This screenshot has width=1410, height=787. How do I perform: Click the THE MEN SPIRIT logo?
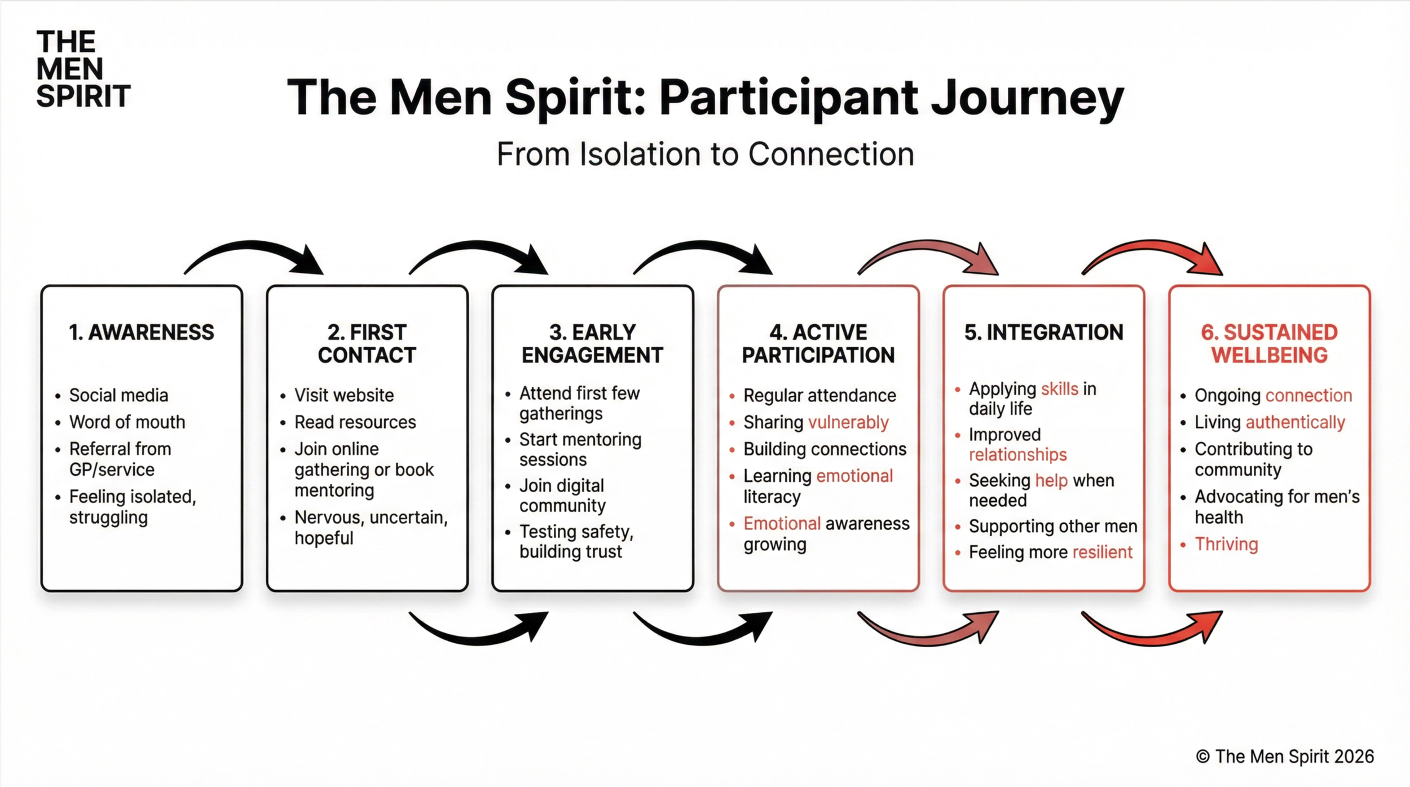(83, 69)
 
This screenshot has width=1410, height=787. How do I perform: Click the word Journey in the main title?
(1026, 99)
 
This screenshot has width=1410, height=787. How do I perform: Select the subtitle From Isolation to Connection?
(705, 154)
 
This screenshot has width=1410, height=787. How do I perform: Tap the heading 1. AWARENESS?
(142, 332)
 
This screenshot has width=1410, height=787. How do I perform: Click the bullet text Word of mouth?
(127, 422)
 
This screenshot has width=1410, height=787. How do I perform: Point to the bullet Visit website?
(344, 395)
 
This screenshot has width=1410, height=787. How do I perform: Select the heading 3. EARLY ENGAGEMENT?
(592, 343)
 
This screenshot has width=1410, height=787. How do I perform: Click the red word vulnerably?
(848, 422)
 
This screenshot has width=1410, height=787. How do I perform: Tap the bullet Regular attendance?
(819, 395)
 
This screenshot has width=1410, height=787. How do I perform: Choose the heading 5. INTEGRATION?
(1043, 332)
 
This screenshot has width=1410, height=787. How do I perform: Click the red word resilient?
(1102, 552)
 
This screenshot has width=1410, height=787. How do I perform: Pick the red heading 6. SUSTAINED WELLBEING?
(1269, 343)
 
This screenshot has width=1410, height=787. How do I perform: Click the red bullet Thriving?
(1226, 544)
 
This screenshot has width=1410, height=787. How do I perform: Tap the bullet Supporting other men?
(1052, 526)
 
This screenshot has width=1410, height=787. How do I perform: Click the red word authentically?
(1295, 422)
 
